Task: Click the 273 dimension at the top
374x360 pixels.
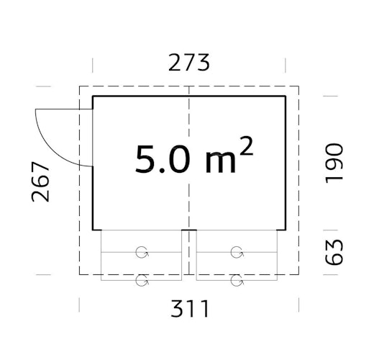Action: [189, 63]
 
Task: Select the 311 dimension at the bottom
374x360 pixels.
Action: [189, 310]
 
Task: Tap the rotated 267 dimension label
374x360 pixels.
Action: [42, 181]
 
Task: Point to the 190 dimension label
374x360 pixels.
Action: [334, 163]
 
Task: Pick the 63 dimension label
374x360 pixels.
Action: [334, 251]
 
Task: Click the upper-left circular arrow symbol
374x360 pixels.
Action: [142, 252]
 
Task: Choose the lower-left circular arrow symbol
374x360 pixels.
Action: [142, 280]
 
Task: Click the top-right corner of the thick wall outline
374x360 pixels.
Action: [285, 96]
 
